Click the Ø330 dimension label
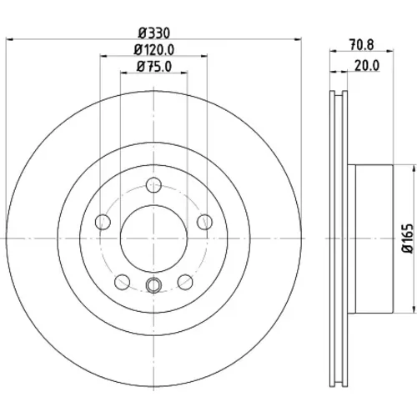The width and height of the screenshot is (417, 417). pos(154,33)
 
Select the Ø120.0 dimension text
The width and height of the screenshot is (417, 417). pos(154,50)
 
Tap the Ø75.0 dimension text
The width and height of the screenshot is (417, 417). pos(154,67)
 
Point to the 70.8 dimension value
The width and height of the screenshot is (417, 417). pos(361,45)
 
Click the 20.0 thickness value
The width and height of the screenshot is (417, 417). pos(367,66)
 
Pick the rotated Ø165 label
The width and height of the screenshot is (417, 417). pos(408,239)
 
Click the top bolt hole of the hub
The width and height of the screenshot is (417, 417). pos(153,185)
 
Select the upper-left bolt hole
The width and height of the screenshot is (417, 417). pos(103,222)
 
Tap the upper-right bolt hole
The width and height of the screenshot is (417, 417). pos(204,222)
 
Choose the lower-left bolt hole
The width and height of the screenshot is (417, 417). pos(122,282)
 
